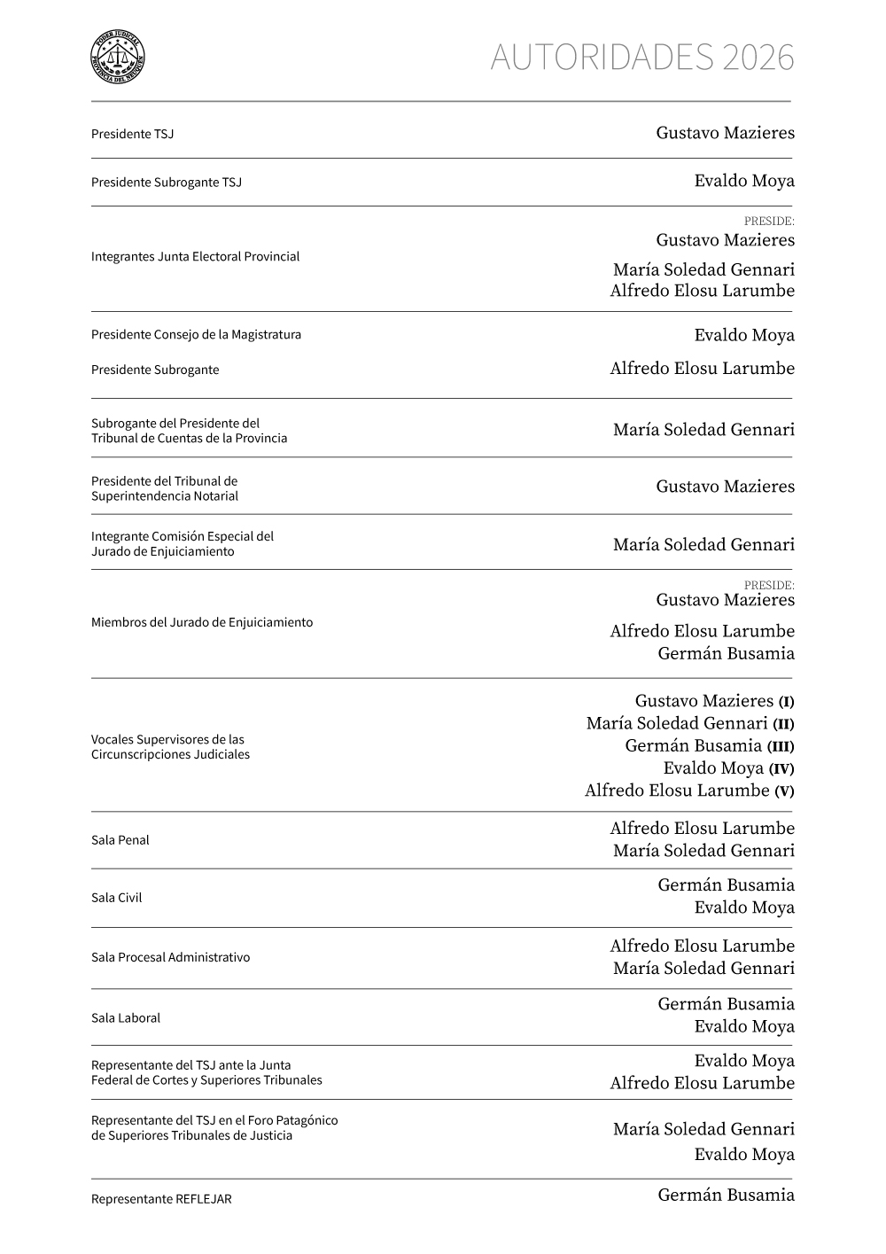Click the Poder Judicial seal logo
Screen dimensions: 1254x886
tap(118, 58)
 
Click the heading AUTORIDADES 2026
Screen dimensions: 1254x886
tap(641, 58)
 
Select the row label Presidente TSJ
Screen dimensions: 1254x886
tap(132, 134)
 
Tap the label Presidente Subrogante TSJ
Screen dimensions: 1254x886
tap(166, 183)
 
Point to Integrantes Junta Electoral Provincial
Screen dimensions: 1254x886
tap(195, 256)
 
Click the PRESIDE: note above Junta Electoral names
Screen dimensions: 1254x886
tap(768, 221)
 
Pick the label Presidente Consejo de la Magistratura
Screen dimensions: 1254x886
tap(196, 334)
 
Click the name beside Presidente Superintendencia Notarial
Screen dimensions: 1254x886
tap(725, 486)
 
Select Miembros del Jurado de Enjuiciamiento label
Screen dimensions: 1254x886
tap(201, 622)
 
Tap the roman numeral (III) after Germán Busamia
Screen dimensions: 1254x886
tap(780, 746)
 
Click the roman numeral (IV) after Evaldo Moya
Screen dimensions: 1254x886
tap(781, 769)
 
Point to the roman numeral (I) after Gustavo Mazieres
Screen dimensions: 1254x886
tap(786, 702)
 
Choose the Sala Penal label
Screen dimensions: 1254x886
tap(120, 840)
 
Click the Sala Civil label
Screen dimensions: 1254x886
tap(116, 898)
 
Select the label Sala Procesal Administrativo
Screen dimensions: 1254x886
tap(170, 957)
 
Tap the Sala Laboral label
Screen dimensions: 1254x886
tap(125, 1018)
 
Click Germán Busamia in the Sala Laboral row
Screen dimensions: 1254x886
tap(726, 1003)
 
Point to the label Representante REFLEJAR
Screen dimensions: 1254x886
tap(160, 1199)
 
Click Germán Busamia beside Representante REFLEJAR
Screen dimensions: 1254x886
tap(726, 1195)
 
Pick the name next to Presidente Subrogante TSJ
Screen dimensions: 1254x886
tap(744, 181)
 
